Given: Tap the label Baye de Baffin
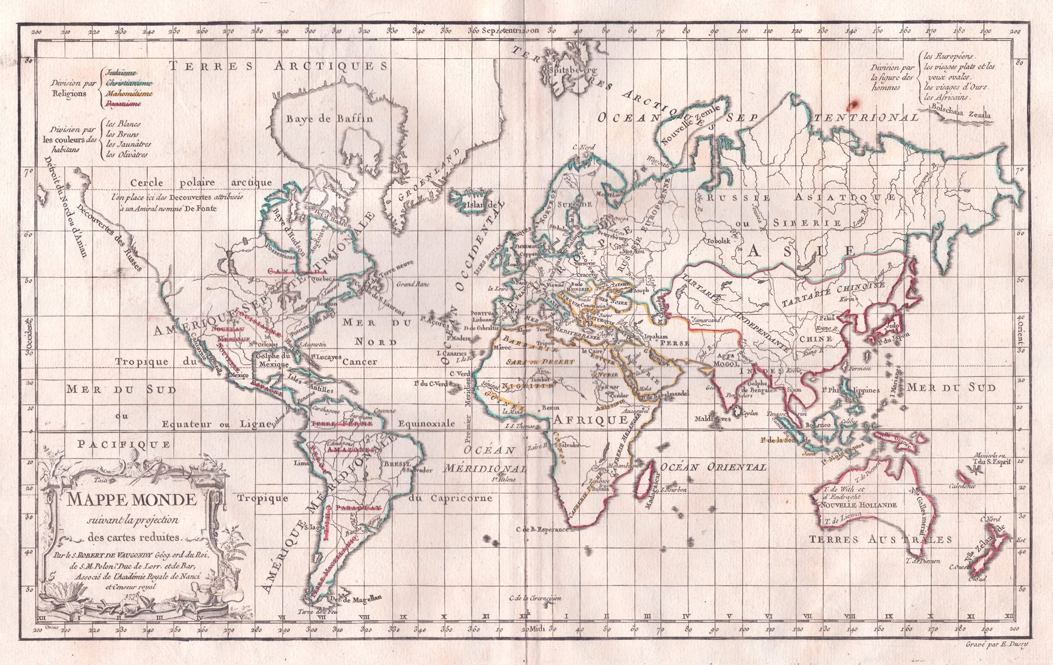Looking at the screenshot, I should point(330,118).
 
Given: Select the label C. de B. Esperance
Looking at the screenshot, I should point(543,529).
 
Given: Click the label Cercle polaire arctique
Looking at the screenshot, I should point(201,183).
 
